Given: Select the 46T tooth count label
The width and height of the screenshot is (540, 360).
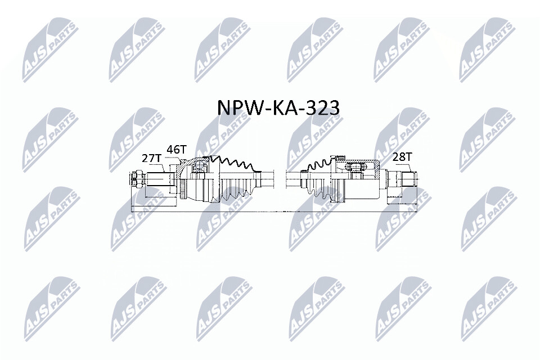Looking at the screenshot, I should [176, 150].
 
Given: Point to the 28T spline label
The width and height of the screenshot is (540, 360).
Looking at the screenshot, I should [402, 157].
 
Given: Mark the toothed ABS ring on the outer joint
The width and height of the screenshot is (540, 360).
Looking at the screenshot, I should [183, 189].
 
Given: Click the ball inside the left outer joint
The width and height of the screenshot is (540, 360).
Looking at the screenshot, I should [198, 165].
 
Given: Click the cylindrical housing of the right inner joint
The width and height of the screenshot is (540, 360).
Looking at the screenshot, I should [363, 180].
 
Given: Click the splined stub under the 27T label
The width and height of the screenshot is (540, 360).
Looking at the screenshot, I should [158, 180].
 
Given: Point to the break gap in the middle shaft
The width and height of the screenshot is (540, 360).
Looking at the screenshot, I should [280, 179].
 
